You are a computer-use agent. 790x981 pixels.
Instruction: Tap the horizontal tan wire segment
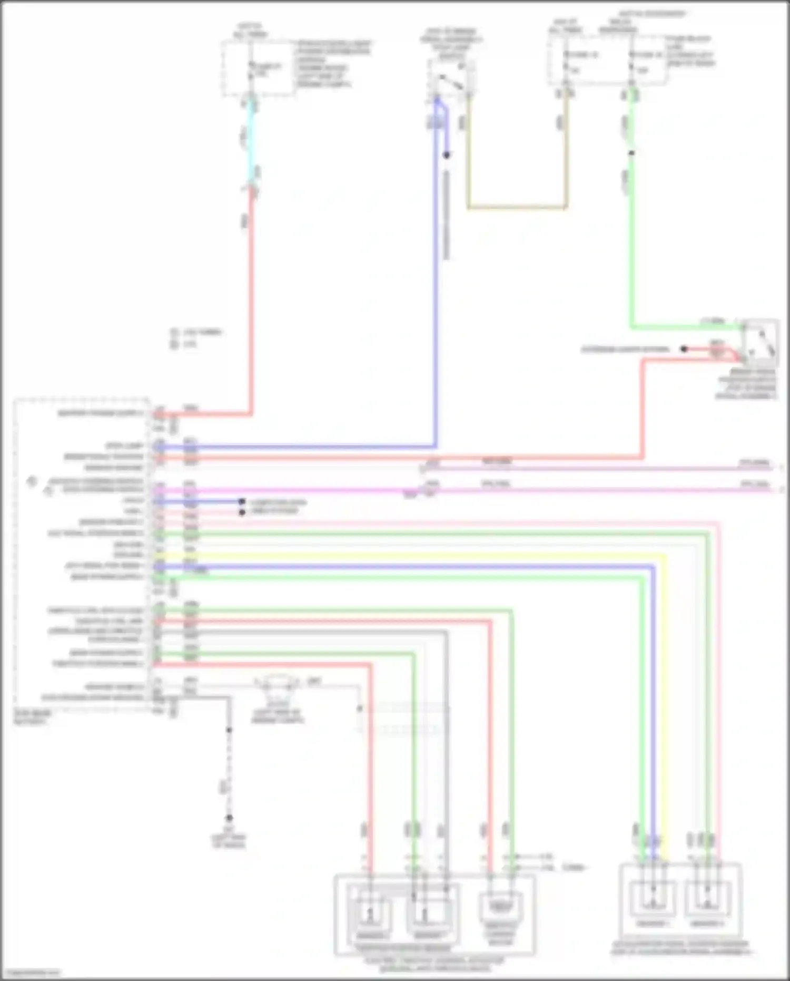(516, 207)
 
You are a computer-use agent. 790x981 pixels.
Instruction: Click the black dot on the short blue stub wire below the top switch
(447, 155)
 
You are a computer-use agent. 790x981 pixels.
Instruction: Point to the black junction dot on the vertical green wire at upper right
(631, 153)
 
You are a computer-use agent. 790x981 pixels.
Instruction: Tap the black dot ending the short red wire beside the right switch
(684, 349)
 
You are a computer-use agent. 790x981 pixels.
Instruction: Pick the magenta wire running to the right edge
(579, 490)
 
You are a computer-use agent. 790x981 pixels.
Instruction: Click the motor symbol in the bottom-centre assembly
(500, 907)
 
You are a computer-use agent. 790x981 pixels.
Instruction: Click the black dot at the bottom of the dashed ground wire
(229, 818)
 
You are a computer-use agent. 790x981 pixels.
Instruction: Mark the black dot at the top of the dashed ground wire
(229, 730)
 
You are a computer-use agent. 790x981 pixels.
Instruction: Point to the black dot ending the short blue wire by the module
(242, 501)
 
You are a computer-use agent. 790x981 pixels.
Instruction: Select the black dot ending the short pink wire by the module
(242, 512)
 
